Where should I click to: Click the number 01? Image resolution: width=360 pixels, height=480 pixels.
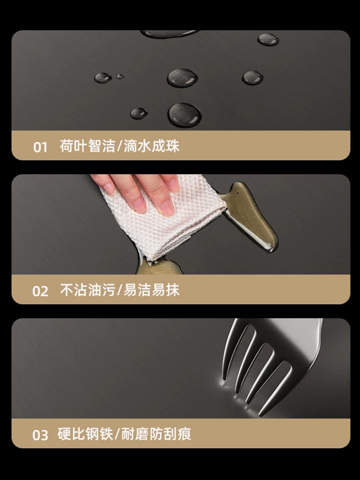click(x=40, y=147)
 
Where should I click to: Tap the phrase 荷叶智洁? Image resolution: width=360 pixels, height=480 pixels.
click(x=87, y=146)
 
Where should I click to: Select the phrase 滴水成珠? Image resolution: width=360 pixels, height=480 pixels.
click(x=152, y=146)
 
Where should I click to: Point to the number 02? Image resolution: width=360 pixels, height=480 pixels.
click(x=40, y=291)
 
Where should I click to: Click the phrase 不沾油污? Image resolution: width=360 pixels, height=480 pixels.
click(x=87, y=289)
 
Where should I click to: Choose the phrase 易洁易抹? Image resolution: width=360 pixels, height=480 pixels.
click(x=152, y=289)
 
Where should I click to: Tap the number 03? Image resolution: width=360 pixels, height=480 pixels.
click(x=40, y=435)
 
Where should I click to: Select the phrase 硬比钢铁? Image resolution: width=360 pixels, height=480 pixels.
click(x=85, y=433)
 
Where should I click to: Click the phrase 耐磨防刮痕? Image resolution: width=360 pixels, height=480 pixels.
click(x=156, y=433)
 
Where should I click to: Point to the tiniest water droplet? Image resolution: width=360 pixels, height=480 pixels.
click(x=120, y=76)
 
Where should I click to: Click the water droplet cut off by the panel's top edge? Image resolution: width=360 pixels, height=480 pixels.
click(x=169, y=34)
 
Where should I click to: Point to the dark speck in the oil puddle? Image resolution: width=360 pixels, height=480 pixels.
click(x=238, y=193)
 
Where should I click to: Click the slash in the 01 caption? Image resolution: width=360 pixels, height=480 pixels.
click(x=120, y=146)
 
